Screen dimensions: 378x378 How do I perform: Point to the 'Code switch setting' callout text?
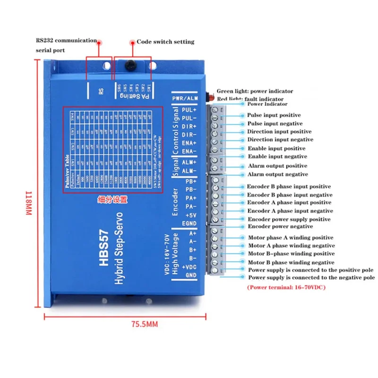[165, 42]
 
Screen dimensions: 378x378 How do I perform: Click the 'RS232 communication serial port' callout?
[66, 45]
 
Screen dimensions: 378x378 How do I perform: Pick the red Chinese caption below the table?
[112, 200]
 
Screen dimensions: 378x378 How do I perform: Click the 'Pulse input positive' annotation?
[274, 115]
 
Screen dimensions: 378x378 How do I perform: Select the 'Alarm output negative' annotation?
[278, 174]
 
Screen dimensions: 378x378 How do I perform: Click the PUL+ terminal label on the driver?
[189, 110]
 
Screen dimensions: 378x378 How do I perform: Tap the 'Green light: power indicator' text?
[255, 91]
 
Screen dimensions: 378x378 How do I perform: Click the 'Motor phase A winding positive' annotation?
[291, 238]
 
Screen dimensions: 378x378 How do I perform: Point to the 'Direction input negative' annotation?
[280, 140]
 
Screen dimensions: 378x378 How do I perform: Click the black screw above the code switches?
[131, 65]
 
